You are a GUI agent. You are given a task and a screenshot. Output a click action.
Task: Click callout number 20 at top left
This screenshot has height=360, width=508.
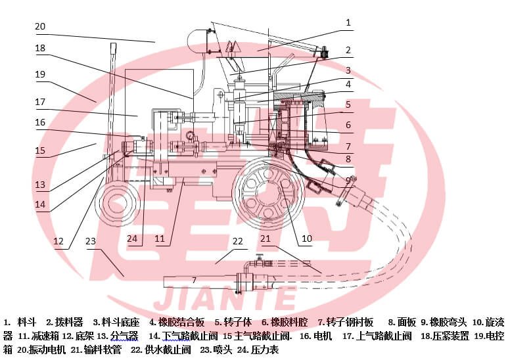(40, 26)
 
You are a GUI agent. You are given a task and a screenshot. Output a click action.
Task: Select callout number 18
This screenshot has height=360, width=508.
(40, 48)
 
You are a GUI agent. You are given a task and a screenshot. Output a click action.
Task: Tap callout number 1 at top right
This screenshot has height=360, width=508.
(348, 22)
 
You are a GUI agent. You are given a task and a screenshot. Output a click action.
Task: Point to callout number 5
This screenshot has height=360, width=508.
(348, 104)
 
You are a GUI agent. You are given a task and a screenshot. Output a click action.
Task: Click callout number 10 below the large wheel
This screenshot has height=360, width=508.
(306, 238)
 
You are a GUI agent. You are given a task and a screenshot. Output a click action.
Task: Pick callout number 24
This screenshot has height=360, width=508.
(132, 238)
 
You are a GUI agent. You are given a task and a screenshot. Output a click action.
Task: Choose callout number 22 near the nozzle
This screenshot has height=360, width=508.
(237, 241)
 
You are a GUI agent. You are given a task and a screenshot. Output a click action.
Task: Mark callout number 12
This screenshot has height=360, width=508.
(58, 241)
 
